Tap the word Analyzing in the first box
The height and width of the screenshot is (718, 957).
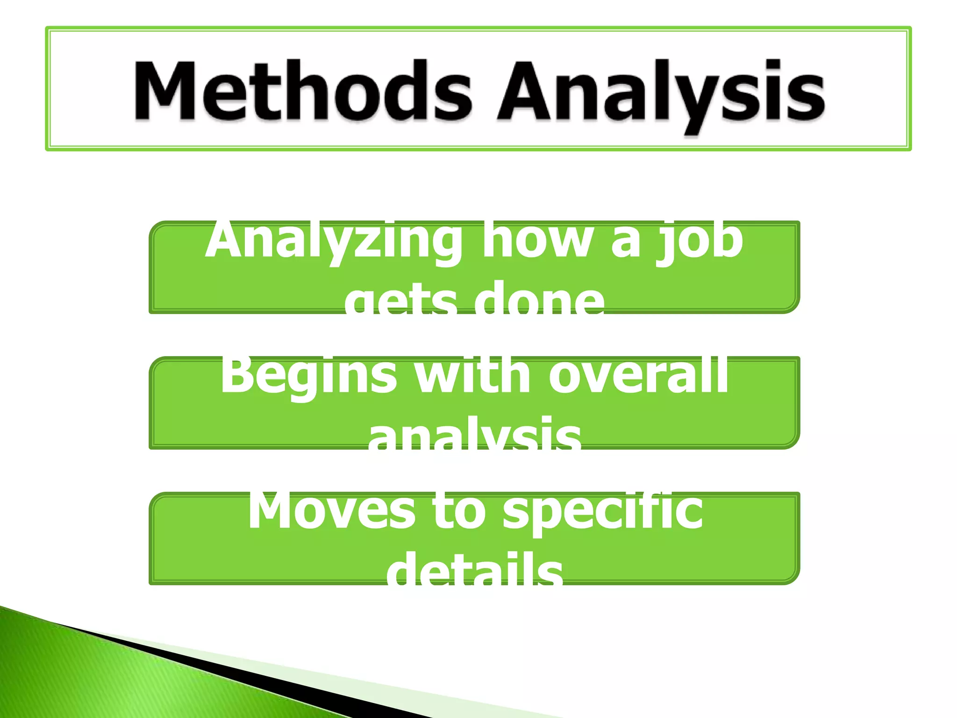point(334,241)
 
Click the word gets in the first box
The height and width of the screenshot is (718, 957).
point(400,302)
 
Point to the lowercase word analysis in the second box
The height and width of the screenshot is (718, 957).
point(474,437)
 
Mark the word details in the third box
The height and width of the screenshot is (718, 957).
point(474,573)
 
